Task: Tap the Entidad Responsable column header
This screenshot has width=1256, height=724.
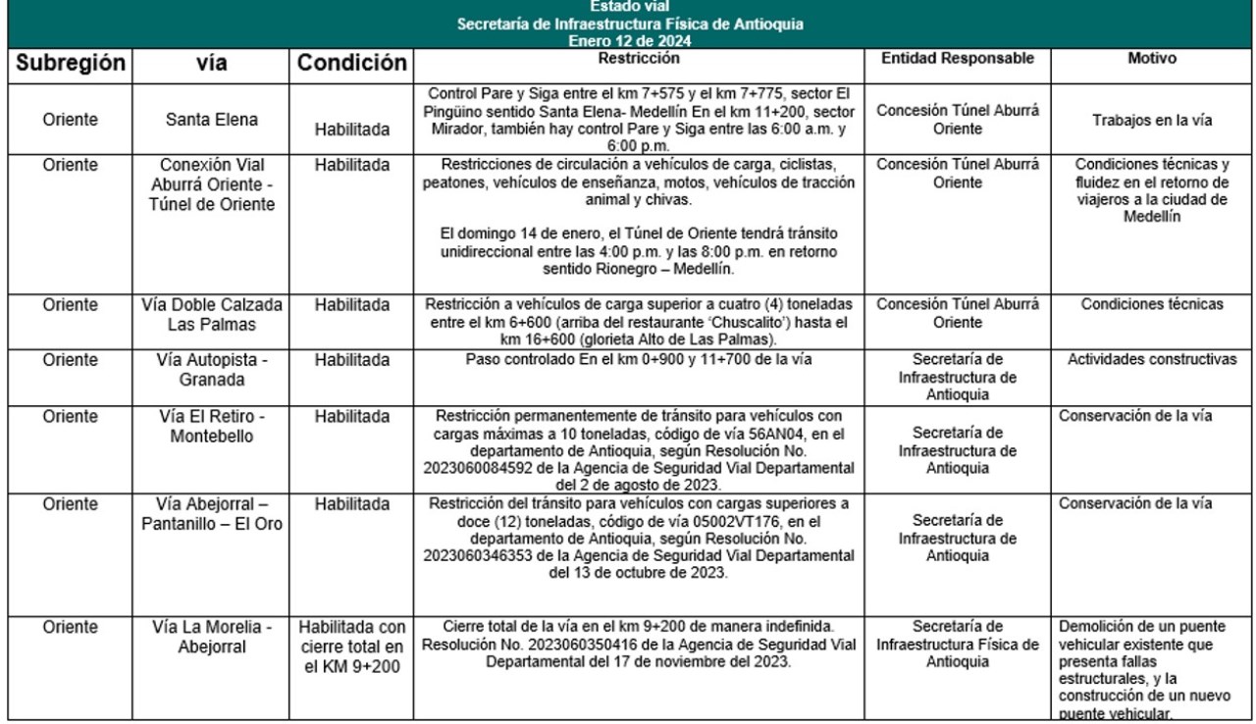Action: click(x=958, y=59)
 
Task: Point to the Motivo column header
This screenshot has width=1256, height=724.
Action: click(x=1152, y=59)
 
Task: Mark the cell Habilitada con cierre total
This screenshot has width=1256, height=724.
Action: click(x=352, y=645)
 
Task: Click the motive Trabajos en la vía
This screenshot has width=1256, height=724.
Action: click(x=1152, y=121)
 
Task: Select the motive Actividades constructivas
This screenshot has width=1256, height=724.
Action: click(x=1152, y=359)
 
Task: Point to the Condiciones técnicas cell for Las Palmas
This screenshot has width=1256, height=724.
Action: click(x=1152, y=304)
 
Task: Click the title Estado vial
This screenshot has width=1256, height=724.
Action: click(x=628, y=7)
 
